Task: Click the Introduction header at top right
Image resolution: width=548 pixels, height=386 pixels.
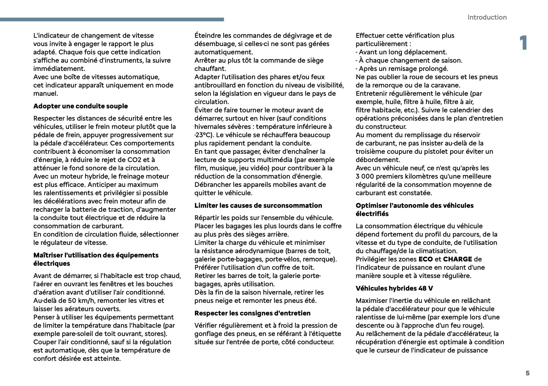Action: tap(487, 17)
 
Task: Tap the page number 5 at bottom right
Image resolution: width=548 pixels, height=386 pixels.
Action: tap(527, 373)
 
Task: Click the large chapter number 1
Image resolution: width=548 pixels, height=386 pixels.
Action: tap(523, 43)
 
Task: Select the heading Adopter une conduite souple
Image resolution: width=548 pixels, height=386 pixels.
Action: tap(81, 106)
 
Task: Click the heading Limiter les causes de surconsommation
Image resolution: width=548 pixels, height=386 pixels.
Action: tap(258, 205)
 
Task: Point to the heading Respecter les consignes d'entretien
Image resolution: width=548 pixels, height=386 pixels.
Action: tap(252, 313)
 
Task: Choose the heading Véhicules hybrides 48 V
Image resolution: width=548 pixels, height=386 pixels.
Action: tap(394, 288)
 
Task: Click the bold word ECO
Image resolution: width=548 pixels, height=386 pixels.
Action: tap(426, 259)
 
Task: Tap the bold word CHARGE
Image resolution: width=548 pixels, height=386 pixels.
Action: tap(457, 259)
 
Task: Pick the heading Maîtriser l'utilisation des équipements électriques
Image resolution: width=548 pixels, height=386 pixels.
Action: tap(96, 259)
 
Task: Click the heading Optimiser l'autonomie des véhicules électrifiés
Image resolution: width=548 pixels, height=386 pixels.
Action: tap(414, 209)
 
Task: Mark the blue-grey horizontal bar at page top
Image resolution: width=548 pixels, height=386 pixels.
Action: tap(112, 20)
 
